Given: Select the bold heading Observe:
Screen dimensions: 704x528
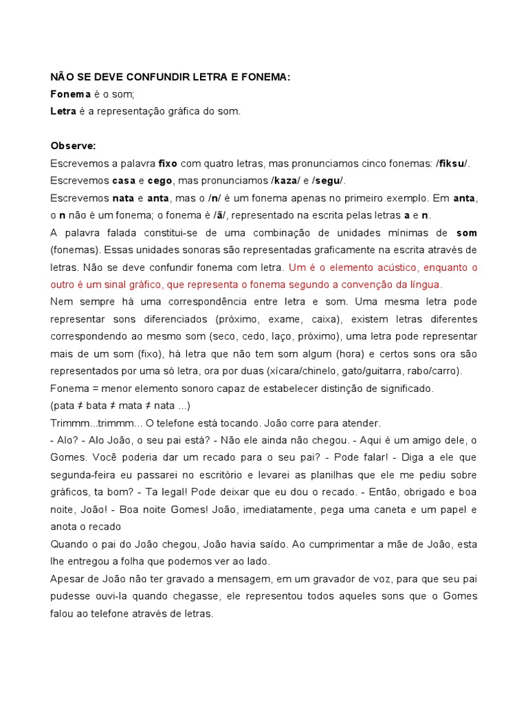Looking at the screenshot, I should pos(74,146).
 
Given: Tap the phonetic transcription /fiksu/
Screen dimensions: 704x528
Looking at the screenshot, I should pos(452,164).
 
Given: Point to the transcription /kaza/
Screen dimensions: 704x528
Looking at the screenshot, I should pos(287,181).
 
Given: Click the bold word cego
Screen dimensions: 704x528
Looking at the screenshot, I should pos(160,181).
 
